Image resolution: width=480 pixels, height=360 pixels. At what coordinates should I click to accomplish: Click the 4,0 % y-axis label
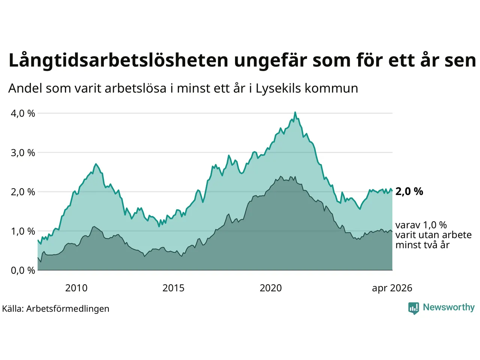tap(23, 114)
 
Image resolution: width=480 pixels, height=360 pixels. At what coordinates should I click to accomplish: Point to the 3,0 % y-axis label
tap(23, 153)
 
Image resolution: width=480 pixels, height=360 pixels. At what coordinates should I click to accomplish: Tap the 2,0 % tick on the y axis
tap(23, 192)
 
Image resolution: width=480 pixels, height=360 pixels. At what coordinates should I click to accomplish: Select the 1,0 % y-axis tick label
tap(23, 231)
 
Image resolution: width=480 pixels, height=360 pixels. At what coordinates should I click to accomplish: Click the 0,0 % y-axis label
tap(23, 271)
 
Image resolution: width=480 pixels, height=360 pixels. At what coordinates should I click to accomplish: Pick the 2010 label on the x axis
tap(76, 288)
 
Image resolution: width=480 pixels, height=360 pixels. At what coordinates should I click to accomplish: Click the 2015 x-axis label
tap(173, 288)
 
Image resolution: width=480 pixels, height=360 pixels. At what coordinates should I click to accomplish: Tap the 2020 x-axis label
tap(271, 288)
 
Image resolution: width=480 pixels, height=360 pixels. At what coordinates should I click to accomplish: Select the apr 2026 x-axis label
tap(392, 288)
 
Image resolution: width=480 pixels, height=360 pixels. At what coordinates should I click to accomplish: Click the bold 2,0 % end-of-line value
tap(409, 192)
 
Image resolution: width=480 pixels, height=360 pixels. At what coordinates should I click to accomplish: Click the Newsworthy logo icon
tap(414, 308)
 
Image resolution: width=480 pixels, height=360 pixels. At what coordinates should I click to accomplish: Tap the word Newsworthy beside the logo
tap(449, 307)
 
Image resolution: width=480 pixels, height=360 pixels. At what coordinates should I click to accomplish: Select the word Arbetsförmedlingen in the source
tap(68, 309)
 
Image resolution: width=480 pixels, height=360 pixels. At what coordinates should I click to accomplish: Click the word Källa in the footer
tap(13, 309)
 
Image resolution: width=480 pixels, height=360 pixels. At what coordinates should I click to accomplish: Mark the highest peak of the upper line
tap(295, 112)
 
